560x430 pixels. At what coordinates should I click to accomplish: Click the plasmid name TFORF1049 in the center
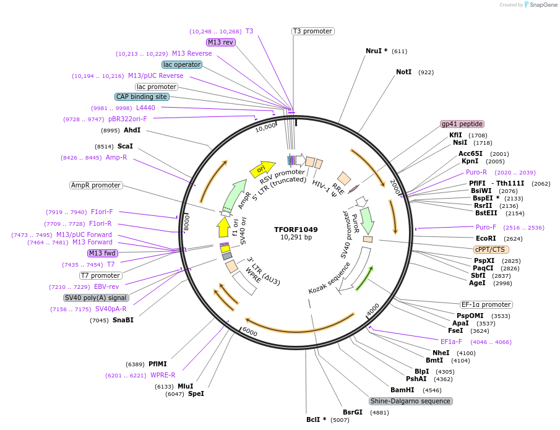click(296, 229)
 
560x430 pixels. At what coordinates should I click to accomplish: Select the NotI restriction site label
click(403, 72)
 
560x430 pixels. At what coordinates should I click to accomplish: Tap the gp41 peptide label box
click(462, 124)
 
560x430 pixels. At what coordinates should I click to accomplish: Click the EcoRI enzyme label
click(486, 238)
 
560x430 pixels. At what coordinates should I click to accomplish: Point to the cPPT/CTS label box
click(491, 249)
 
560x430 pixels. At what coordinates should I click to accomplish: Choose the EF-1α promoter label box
click(486, 304)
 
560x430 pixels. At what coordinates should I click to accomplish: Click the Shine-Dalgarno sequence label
click(411, 401)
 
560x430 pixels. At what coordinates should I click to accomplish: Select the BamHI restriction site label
click(402, 390)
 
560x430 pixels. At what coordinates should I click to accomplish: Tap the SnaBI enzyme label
click(123, 320)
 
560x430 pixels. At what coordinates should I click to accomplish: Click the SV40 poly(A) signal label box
click(97, 298)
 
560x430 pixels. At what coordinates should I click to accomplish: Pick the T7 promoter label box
click(100, 275)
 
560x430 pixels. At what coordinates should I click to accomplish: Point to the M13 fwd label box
click(102, 253)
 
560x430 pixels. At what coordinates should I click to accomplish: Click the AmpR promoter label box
click(96, 185)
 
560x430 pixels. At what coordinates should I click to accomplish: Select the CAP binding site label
click(142, 97)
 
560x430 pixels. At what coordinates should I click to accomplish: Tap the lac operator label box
click(182, 64)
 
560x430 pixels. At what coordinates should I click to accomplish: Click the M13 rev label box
click(221, 42)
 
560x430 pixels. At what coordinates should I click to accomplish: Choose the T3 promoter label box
click(312, 31)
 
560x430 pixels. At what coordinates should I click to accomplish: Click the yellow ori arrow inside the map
click(262, 168)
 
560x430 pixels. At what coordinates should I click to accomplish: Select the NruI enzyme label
click(376, 51)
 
